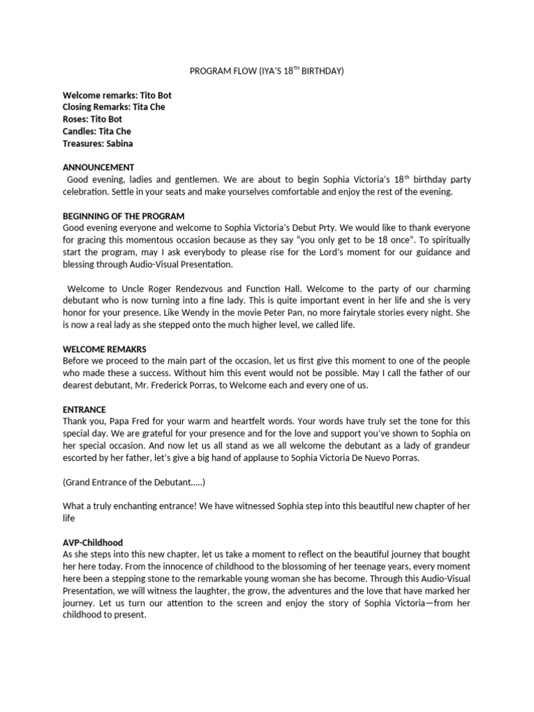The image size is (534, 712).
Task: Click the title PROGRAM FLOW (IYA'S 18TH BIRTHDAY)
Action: click(267, 71)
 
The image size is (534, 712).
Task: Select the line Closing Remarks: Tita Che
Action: click(114, 107)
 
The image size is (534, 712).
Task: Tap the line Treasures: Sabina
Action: click(97, 143)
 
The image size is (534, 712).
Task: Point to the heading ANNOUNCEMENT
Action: click(98, 168)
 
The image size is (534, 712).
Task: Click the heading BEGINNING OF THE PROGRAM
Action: click(124, 216)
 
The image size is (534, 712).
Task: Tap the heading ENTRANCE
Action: click(84, 410)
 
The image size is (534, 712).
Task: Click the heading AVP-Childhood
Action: click(92, 542)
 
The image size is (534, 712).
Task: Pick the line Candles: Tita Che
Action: click(97, 131)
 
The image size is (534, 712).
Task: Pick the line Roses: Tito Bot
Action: click(92, 119)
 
